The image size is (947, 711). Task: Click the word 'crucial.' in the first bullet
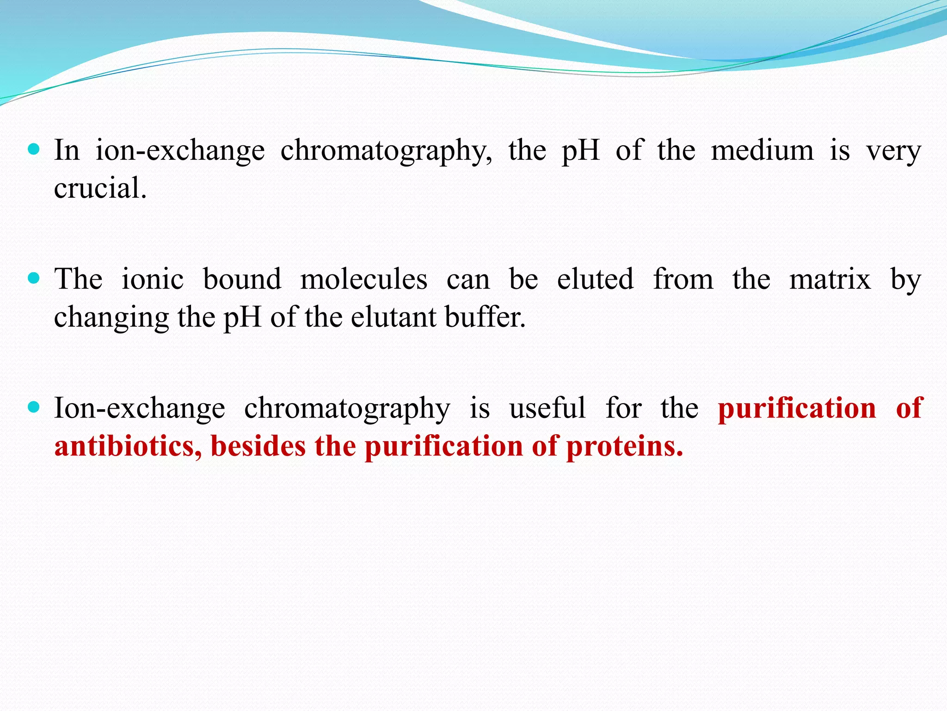pos(100,188)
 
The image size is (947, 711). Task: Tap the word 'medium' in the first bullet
pos(762,150)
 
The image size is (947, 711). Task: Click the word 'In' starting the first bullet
pos(67,150)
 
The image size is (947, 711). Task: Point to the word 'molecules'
pos(363,279)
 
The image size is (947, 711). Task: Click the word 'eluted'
pos(595,279)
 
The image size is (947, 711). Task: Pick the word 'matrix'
pos(830,279)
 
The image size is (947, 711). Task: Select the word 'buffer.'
pos(485,318)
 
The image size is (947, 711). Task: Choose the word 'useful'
pos(547,408)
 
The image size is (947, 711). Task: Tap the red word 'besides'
pos(258,446)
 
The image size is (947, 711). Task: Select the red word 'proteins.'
pos(624,447)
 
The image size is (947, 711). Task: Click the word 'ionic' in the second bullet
pos(153,279)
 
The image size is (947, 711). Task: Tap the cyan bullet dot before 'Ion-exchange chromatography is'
pos(34,407)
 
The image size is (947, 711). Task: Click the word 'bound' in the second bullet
pos(242,279)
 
